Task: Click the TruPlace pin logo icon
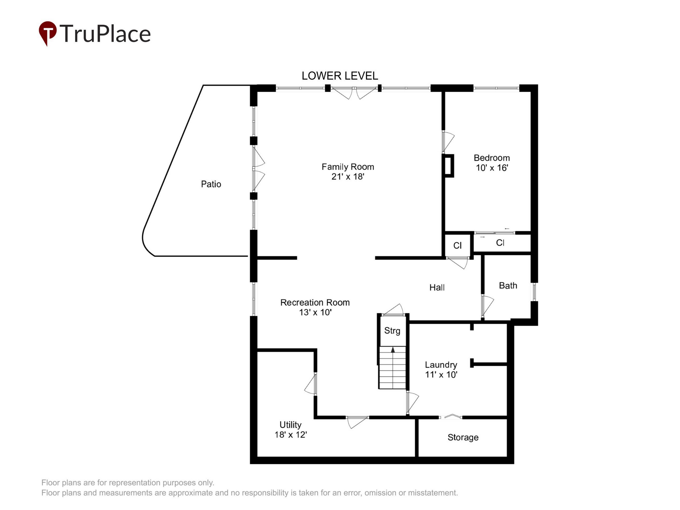coord(47,33)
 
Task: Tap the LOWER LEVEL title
coord(340,76)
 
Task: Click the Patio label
coord(211,184)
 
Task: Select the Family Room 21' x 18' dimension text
coord(348,177)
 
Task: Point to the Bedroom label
coord(492,158)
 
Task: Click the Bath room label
coord(508,286)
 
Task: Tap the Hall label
coord(437,287)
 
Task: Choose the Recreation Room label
coord(315,303)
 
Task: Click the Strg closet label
coord(392,331)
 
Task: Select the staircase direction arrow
coord(393,350)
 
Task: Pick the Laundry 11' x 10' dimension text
coord(441,375)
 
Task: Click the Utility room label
coord(290,424)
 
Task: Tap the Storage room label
coord(463,437)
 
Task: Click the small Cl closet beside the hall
coord(457,245)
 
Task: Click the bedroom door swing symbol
coord(448,142)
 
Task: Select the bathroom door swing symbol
coord(487,306)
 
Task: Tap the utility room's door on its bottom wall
coord(358,422)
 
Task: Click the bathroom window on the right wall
coord(534,292)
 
